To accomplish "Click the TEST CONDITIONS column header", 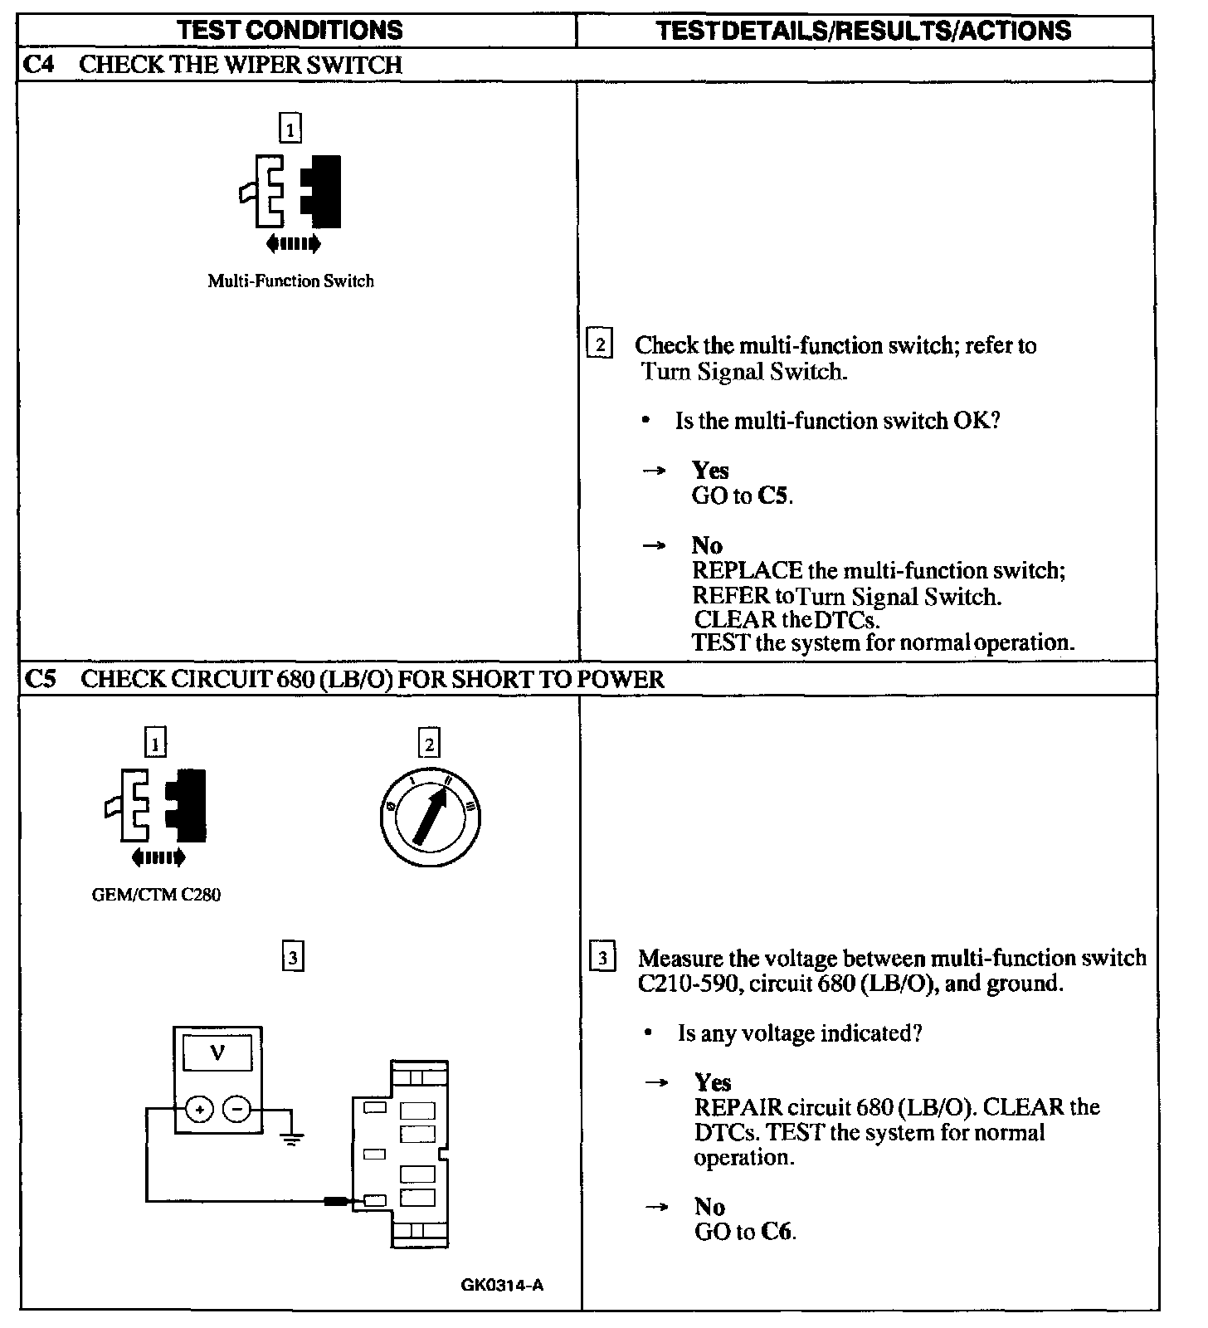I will click(x=290, y=31).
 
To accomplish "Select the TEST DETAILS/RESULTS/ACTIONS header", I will click(x=863, y=31).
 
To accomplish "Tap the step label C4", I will click(x=38, y=65).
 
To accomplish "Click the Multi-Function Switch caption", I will click(x=290, y=281).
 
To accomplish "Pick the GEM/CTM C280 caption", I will click(x=156, y=895).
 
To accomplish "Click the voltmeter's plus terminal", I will click(x=199, y=1109).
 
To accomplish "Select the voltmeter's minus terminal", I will click(x=237, y=1109).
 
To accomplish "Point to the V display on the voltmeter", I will click(x=217, y=1054).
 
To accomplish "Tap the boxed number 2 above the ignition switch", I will click(x=429, y=744).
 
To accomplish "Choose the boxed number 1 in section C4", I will click(x=290, y=129).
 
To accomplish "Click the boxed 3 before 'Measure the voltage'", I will click(x=602, y=958).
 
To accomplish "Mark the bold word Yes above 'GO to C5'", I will click(x=710, y=471).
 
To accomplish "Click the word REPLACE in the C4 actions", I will click(x=748, y=571).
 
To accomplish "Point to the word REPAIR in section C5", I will click(x=738, y=1107).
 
